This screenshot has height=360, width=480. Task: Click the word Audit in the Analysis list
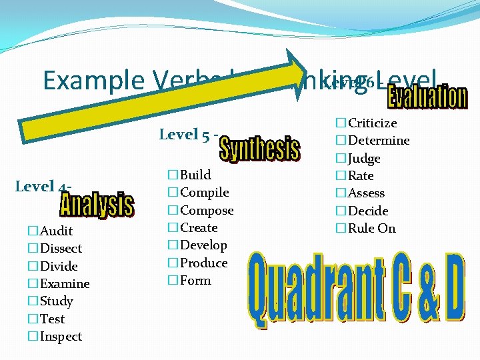point(57,231)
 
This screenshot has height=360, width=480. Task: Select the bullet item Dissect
point(61,249)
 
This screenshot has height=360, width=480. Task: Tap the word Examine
point(65,284)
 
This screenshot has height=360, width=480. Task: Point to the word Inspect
point(61,337)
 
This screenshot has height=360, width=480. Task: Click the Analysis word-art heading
point(97,204)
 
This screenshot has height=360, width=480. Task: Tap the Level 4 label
point(41,186)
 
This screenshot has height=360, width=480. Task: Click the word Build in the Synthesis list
point(195,175)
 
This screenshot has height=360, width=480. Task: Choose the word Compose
point(207,211)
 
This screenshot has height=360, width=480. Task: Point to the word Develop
point(203,245)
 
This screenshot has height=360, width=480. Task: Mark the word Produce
point(204,263)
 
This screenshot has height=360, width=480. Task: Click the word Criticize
point(372,123)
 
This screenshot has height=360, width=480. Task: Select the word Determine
point(379,141)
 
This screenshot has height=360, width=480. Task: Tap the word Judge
point(364,159)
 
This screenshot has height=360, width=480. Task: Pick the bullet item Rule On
point(371,229)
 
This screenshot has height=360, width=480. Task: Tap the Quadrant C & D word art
point(356,291)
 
